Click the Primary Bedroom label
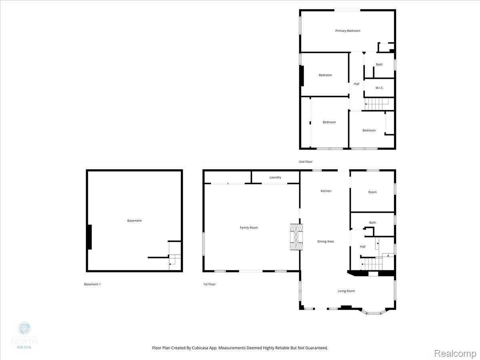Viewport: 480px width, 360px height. [348, 31]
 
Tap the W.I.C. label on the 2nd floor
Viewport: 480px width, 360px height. [379, 88]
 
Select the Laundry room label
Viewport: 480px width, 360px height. [275, 177]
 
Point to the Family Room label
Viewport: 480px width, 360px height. [249, 228]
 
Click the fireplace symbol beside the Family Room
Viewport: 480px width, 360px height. [296, 237]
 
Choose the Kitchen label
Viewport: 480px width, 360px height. [326, 191]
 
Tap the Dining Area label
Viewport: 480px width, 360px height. [325, 242]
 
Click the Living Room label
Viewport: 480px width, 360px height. [346, 291]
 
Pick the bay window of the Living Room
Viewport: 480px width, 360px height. [374, 312]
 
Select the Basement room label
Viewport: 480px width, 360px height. [134, 221]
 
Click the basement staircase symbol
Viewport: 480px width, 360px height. [174, 260]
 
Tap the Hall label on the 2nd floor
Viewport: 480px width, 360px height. [356, 84]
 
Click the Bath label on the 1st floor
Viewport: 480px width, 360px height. [372, 223]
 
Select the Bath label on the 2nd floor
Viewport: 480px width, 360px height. [379, 64]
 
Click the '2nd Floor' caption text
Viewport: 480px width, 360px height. [305, 162]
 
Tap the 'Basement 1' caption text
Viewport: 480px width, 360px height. [92, 284]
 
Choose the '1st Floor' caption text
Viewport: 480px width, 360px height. [209, 284]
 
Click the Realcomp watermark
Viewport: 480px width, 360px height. [455, 354]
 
